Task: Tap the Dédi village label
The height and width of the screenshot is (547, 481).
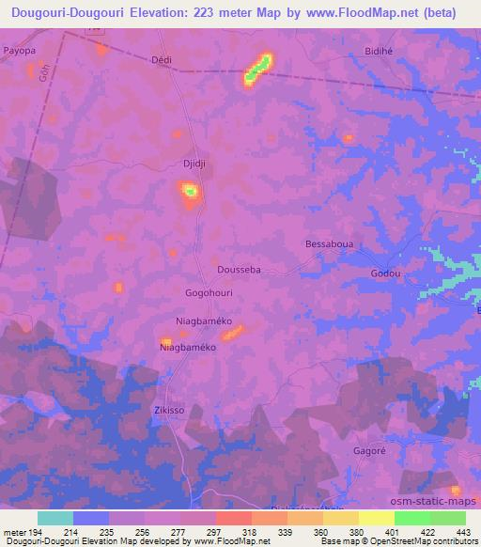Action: (163, 58)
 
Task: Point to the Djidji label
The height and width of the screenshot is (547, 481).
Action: (194, 163)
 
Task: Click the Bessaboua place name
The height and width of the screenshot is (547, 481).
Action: (328, 243)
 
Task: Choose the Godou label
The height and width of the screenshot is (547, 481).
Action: (385, 273)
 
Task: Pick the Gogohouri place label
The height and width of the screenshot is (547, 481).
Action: (209, 293)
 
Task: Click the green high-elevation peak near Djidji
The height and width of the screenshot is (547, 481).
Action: (191, 192)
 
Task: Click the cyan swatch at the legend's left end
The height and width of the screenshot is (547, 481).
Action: (55, 518)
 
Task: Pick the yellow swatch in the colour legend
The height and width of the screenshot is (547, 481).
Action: (376, 518)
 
